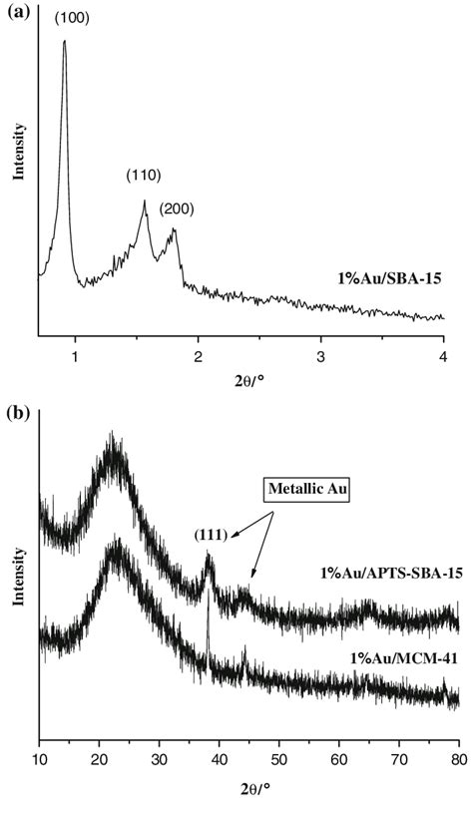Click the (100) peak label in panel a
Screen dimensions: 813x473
point(73,18)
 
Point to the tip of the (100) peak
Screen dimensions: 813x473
point(65,41)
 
